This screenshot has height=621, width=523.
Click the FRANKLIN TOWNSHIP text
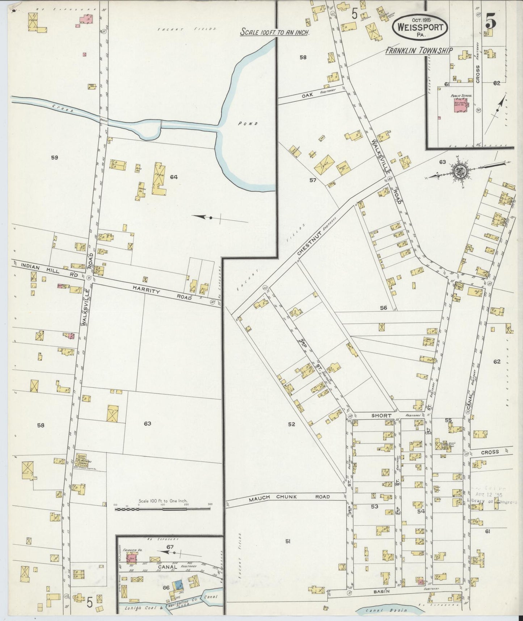click(418, 51)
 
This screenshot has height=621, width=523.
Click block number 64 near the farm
click(174, 177)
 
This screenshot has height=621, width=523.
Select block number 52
click(291, 424)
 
